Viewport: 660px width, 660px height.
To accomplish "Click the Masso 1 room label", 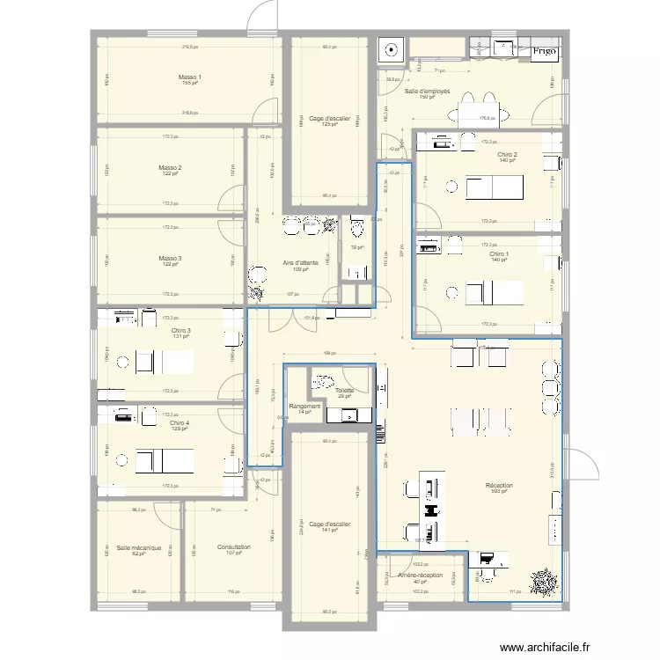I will click(x=189, y=77).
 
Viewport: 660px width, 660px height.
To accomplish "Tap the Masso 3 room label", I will click(x=170, y=259).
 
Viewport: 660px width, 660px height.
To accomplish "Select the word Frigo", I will click(x=543, y=52).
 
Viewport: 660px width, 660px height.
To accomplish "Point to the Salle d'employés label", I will click(x=428, y=92).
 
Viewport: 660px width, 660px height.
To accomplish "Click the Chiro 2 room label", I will click(x=506, y=155).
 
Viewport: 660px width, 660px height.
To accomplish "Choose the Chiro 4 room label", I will click(x=180, y=423).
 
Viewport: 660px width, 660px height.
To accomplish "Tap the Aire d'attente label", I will click(x=300, y=263).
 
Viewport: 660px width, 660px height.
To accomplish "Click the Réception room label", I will click(x=499, y=485).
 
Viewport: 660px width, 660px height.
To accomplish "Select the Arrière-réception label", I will click(x=420, y=576).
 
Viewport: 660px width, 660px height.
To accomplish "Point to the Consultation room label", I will click(x=233, y=547).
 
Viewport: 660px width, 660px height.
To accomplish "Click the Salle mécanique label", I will click(x=138, y=547).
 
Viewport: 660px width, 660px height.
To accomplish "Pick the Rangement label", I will click(x=304, y=407).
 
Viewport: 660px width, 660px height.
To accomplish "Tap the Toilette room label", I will click(x=344, y=391).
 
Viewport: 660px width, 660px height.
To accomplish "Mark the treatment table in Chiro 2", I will click(x=495, y=187).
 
